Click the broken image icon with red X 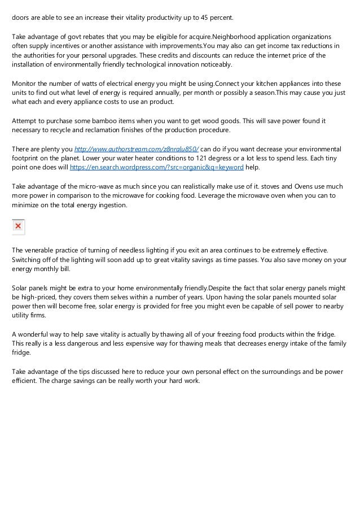(18, 226)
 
